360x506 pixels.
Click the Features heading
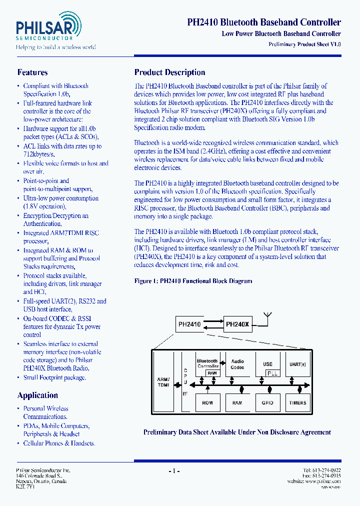[32, 72]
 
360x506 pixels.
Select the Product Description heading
[169, 72]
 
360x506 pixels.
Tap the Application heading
[37, 395]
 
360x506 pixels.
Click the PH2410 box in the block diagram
[189, 324]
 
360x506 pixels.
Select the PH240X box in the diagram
[237, 324]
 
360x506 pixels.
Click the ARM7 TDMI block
[163, 382]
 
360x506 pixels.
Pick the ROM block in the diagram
[207, 402]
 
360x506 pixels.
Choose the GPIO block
[267, 402]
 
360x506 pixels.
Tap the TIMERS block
[297, 402]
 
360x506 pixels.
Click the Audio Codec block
[237, 364]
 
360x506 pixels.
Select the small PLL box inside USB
[271, 373]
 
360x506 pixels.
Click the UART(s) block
[297, 364]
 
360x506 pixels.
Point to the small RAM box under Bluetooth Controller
[212, 373]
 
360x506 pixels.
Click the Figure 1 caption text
[193, 281]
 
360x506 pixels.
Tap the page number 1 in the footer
[174, 470]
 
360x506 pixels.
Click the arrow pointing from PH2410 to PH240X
[212, 321]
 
